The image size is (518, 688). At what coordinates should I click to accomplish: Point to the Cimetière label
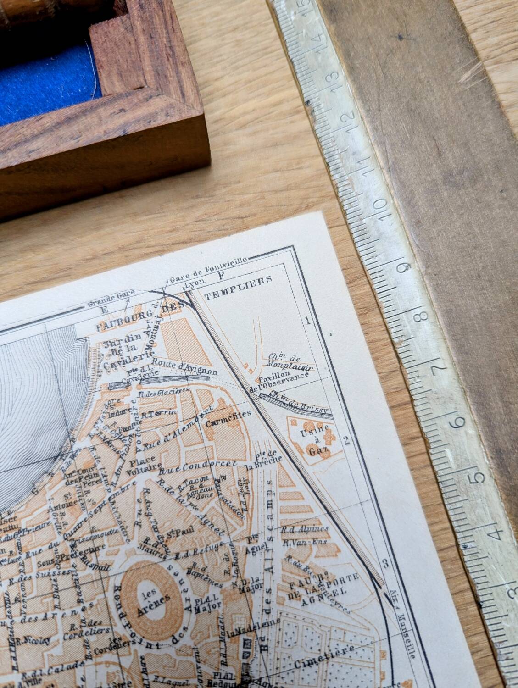[324, 657]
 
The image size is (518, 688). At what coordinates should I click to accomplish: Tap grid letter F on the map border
[222, 276]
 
